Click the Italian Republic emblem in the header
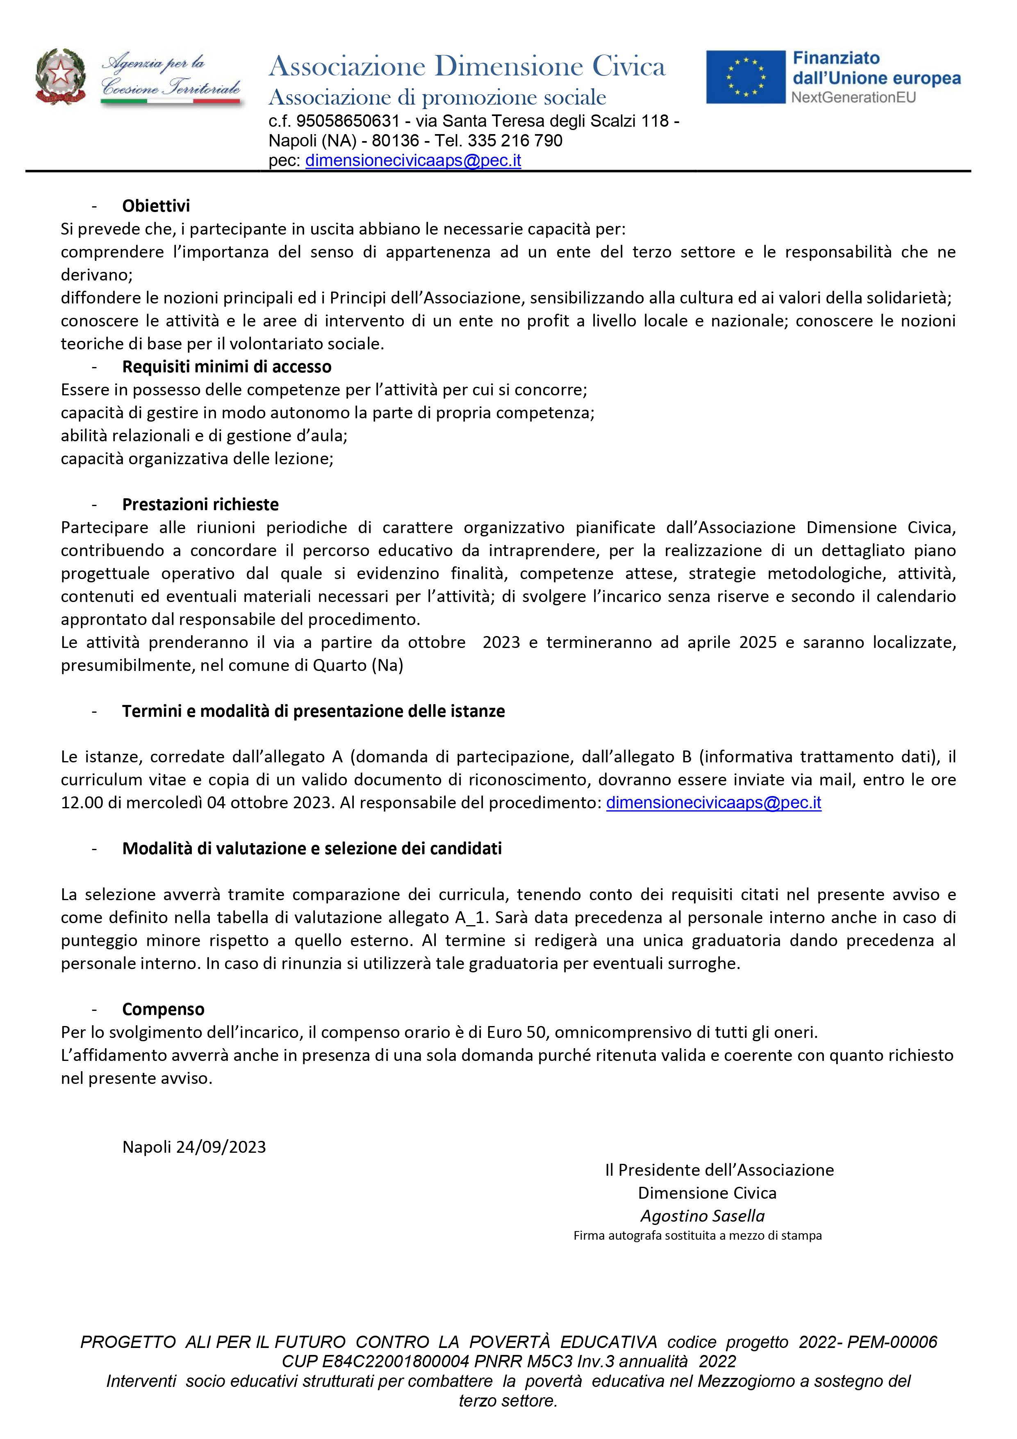60,76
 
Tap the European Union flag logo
745,77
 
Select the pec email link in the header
413,160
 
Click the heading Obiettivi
156,205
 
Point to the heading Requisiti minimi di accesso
227,367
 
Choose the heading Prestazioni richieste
200,504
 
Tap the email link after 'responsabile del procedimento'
714,803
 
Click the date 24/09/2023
221,1147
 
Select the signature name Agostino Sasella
703,1216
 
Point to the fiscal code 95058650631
348,121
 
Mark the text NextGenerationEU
853,97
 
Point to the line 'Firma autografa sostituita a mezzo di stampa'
697,1235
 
